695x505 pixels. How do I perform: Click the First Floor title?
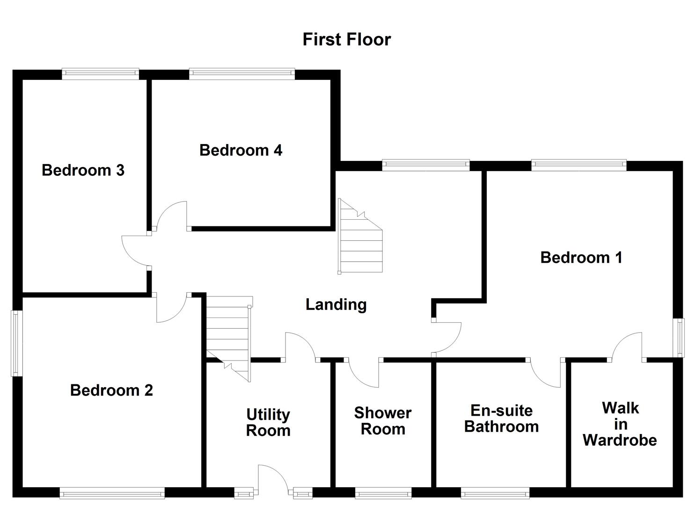coord(346,39)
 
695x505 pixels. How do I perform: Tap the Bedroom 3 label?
coord(83,170)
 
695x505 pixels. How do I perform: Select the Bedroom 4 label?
coord(241,150)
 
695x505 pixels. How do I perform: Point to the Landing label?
coord(336,304)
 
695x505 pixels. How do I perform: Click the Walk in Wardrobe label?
coord(620,424)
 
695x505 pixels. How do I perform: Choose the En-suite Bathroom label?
coord(501,418)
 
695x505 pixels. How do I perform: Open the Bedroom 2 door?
coord(172,308)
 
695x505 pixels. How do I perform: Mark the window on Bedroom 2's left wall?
coord(17,343)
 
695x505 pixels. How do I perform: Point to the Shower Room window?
coord(383,493)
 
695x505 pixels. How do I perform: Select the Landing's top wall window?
coord(425,165)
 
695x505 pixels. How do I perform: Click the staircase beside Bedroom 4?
coord(360,237)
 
